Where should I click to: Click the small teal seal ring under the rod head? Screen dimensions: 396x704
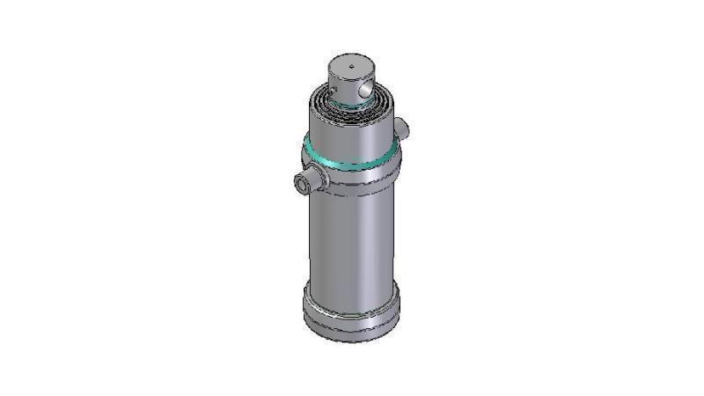point(350,105)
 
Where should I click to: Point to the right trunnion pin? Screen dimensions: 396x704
point(402,128)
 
